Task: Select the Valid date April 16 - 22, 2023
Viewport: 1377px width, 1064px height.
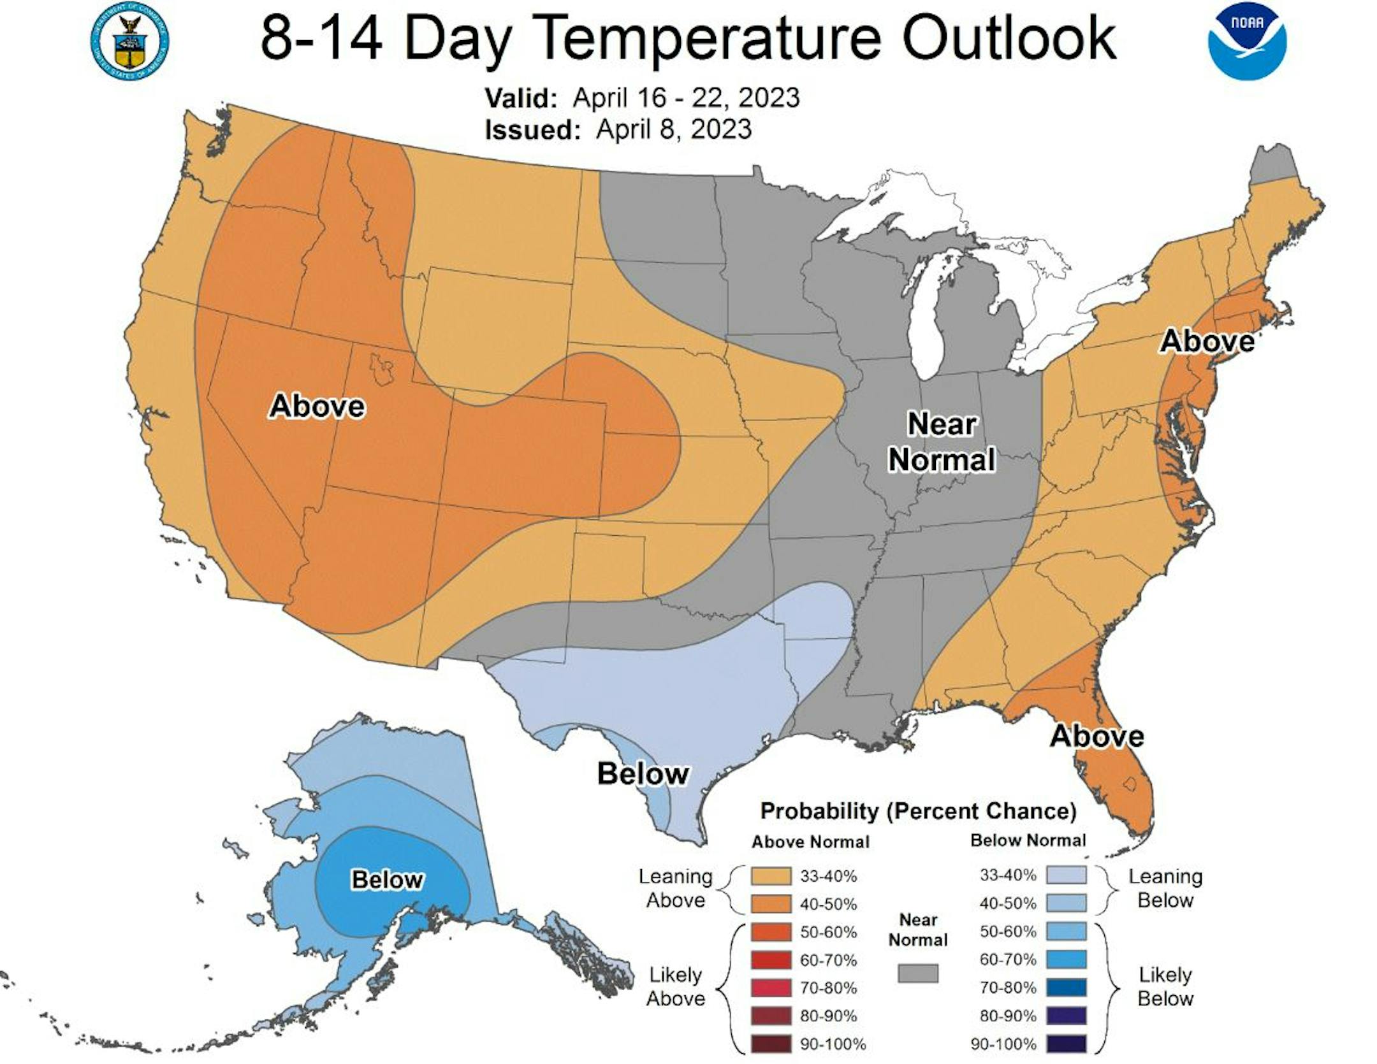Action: (685, 98)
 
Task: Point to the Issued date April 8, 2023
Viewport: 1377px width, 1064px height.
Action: (673, 129)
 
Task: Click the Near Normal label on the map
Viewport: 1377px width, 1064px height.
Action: (942, 442)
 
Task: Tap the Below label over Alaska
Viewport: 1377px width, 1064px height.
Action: (387, 880)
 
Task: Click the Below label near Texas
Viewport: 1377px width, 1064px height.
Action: (643, 773)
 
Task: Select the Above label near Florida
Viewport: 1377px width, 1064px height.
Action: (1096, 736)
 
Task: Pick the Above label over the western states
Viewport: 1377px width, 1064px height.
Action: (317, 406)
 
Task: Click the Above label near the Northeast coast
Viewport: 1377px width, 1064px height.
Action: (1207, 341)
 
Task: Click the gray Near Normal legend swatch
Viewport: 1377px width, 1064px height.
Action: (918, 973)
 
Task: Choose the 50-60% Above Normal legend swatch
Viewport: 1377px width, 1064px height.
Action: (771, 932)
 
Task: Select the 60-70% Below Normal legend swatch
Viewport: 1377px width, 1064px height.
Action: (1066, 960)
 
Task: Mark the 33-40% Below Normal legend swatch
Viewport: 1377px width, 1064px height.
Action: (1066, 875)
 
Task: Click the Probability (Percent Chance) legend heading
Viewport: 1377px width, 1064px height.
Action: (918, 811)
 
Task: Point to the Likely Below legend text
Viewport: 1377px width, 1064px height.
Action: (1165, 986)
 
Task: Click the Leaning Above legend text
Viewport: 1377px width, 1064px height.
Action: (676, 888)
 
